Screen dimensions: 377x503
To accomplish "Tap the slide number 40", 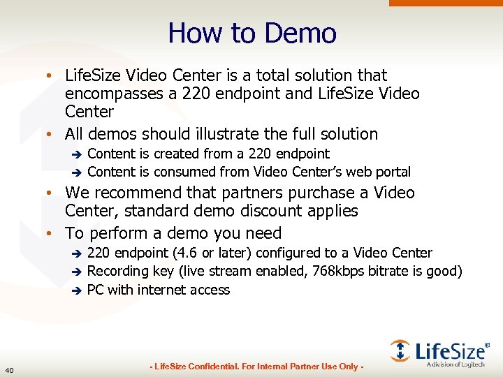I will [x=9, y=369].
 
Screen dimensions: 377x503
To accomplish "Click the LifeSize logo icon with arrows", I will [x=400, y=350].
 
